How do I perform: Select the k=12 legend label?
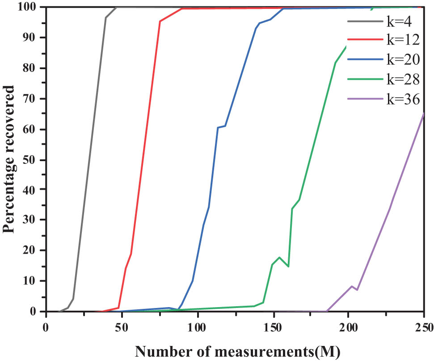403,40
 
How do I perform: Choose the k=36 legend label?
403,99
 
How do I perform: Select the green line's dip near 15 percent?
288,266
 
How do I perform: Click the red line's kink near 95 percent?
160,21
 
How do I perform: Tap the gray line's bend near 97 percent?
106,17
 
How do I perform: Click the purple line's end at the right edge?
423,113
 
